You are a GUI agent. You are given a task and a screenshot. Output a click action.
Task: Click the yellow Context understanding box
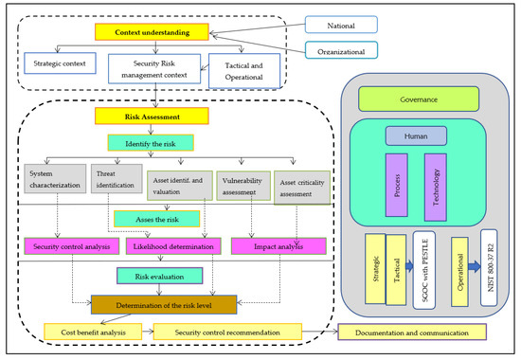[x=152, y=33]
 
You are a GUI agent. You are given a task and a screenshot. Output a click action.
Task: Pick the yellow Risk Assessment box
[x=144, y=117]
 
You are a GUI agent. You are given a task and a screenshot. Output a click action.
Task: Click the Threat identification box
[x=115, y=183]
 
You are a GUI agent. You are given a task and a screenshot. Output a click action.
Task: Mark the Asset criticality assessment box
[x=302, y=186]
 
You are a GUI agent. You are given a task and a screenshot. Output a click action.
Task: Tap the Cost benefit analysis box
[x=91, y=332]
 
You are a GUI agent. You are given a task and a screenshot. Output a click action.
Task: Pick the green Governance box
[x=419, y=97]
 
